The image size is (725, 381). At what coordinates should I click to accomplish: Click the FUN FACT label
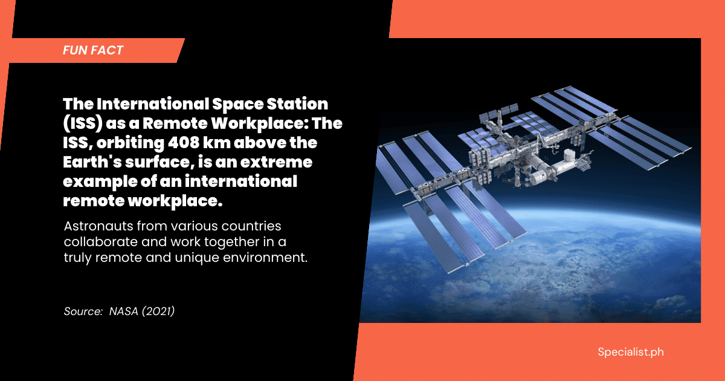click(93, 50)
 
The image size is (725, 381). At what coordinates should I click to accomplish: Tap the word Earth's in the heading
click(92, 162)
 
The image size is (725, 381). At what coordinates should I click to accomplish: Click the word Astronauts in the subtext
click(98, 226)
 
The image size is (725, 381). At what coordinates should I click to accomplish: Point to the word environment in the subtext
click(263, 258)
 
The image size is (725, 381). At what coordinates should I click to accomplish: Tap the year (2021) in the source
click(158, 311)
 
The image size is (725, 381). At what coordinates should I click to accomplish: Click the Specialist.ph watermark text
click(631, 352)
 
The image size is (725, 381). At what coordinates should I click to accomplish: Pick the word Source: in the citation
click(83, 311)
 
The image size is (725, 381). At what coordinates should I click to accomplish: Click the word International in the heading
click(153, 103)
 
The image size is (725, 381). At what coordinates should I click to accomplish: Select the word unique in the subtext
click(196, 258)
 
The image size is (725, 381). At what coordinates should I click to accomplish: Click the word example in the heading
click(100, 182)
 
